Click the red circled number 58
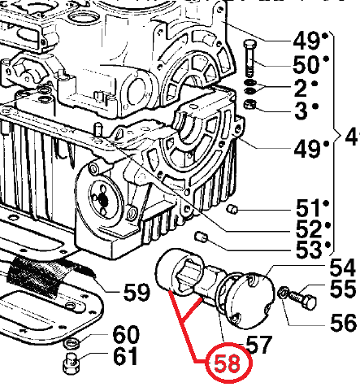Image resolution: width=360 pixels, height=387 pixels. (x=227, y=363)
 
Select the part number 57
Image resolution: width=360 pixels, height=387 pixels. (x=258, y=344)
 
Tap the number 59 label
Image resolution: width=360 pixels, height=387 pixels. (x=137, y=292)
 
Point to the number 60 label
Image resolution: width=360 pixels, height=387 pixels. (x=126, y=334)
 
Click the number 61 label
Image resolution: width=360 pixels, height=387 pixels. (x=125, y=355)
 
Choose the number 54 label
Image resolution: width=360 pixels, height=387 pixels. (x=342, y=268)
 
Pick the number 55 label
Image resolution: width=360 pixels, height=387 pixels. (x=342, y=289)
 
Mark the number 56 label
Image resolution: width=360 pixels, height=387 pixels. (x=343, y=322)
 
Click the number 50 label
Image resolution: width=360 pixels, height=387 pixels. (x=306, y=64)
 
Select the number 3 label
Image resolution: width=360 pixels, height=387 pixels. (x=301, y=111)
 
